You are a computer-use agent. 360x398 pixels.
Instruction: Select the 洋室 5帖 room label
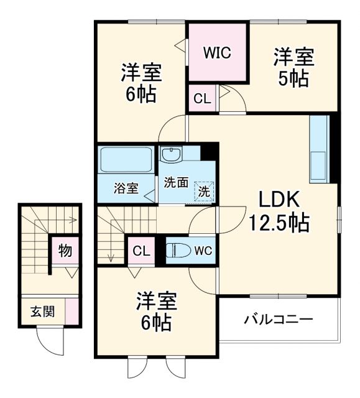click(294, 68)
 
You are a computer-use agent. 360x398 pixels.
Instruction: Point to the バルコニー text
click(278, 320)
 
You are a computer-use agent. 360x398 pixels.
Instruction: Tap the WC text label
click(203, 251)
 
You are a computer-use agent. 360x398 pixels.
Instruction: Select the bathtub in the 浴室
click(126, 160)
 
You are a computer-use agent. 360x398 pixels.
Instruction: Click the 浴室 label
click(126, 188)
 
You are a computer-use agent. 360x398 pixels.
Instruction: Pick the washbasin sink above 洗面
click(170, 155)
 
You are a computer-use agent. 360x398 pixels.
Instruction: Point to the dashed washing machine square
click(203, 192)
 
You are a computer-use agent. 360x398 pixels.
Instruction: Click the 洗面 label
click(176, 182)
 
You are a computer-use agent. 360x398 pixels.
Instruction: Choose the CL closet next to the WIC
click(201, 98)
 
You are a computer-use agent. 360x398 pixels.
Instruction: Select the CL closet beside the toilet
click(141, 251)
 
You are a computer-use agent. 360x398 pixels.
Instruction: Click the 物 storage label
click(65, 251)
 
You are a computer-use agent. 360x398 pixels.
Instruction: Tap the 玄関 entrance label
click(42, 310)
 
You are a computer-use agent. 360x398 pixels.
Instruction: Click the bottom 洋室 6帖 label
click(157, 313)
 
